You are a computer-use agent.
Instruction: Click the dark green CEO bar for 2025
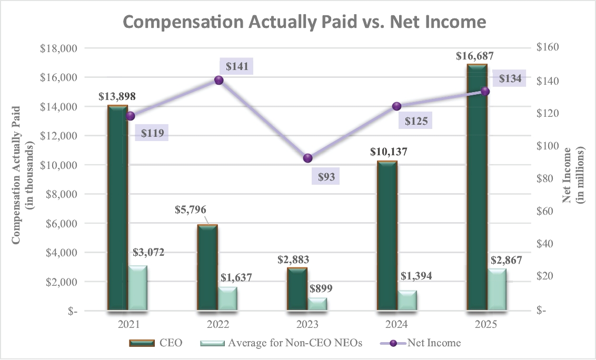477,187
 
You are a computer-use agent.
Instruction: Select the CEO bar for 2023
297,289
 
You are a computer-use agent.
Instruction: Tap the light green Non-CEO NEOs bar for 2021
138,288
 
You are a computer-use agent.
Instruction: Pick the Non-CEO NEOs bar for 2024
408,300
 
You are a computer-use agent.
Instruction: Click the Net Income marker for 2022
219,80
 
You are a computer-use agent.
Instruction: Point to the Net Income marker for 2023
308,158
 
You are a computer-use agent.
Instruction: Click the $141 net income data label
236,66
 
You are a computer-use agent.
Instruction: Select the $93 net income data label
325,176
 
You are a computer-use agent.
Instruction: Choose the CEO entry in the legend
156,343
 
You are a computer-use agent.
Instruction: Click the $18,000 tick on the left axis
58,48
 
